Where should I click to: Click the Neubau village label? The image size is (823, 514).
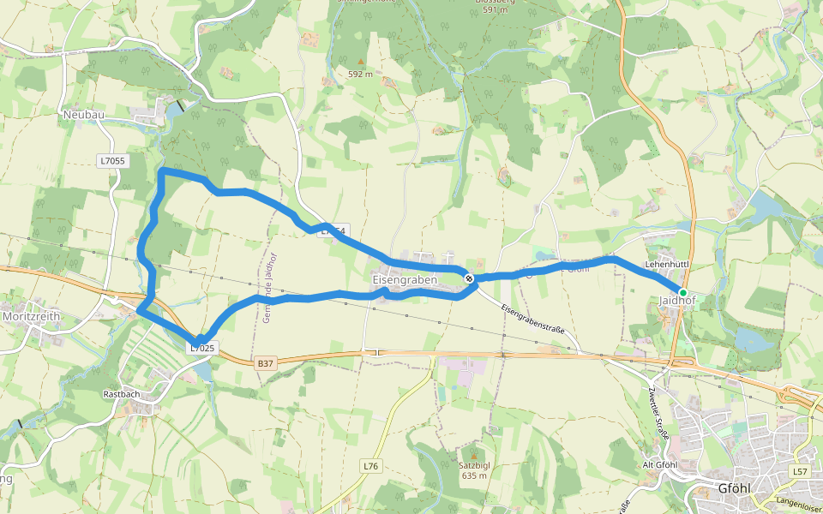[x=83, y=114]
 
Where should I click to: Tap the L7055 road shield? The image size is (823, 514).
[x=111, y=160]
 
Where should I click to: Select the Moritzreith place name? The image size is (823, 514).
[x=32, y=316]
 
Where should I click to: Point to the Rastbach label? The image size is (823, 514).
[x=122, y=395]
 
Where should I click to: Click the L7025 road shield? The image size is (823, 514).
[x=202, y=348]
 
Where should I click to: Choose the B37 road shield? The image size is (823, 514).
[x=266, y=363]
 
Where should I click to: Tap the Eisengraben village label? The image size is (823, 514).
[x=405, y=280]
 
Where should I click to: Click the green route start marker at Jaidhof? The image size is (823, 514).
[x=683, y=292]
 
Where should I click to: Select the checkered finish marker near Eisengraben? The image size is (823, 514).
[x=469, y=278]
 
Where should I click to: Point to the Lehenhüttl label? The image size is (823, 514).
[x=668, y=266]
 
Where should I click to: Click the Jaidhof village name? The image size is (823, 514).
[x=677, y=302]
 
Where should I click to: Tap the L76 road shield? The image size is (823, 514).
[x=370, y=466]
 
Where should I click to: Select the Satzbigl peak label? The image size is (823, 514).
[x=474, y=465]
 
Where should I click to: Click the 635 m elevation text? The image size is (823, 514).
[x=474, y=475]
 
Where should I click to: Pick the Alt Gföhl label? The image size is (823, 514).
[x=661, y=465]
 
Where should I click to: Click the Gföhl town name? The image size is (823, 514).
[x=736, y=490]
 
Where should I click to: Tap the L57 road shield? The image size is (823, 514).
[x=800, y=472]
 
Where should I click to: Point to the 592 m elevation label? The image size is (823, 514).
[x=360, y=75]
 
